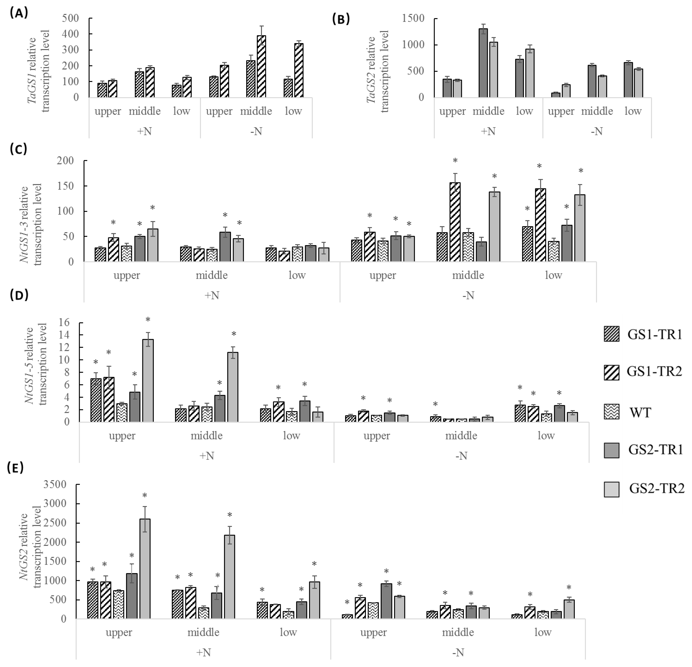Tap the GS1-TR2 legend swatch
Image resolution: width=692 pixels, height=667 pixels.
(611, 373)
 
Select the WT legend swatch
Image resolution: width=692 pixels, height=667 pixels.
(611, 412)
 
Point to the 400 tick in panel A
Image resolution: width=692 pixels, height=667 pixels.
(71, 34)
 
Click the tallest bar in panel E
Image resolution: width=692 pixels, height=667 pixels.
(145, 569)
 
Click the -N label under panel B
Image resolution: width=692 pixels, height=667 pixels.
(597, 131)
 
